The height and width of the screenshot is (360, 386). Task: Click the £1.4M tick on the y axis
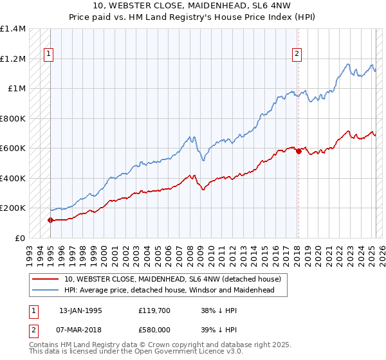[x=13, y=29]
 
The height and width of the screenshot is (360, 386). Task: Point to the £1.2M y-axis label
[x=13, y=59]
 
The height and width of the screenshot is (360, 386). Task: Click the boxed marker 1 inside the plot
[x=50, y=55]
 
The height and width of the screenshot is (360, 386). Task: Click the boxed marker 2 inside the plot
[x=297, y=55]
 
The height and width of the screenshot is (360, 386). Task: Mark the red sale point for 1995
[x=50, y=220]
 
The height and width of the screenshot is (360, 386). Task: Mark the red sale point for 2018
[x=299, y=151]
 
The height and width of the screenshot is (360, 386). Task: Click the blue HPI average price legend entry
[x=169, y=290]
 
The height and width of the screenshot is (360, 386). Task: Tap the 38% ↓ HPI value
[x=219, y=310]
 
